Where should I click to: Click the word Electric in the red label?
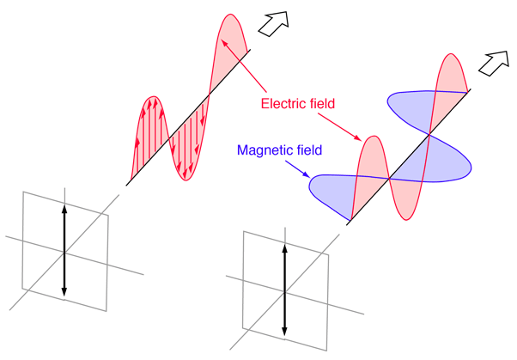coord(282,104)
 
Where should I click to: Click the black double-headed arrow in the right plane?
coord(284,291)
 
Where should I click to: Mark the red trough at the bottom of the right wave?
coord(401,206)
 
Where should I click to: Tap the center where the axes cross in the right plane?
coord(284,291)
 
